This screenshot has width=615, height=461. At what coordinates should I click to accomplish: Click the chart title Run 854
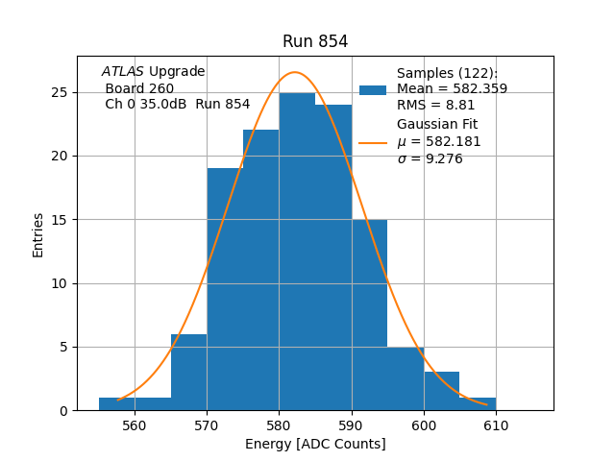click(315, 41)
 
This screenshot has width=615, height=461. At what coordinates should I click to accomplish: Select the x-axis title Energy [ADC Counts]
click(315, 444)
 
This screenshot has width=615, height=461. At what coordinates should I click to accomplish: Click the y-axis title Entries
click(38, 234)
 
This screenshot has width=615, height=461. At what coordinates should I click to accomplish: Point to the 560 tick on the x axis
click(135, 411)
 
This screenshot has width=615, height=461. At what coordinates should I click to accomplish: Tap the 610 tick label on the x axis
click(496, 425)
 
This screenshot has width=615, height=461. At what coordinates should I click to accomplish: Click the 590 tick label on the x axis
click(352, 425)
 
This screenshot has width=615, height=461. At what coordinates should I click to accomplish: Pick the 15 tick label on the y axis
click(61, 220)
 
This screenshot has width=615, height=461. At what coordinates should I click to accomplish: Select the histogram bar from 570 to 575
click(225, 289)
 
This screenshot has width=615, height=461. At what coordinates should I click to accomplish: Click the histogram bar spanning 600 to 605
click(441, 391)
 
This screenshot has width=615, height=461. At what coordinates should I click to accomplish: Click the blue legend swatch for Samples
click(373, 90)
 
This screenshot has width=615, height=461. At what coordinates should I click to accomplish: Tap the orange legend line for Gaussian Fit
click(373, 143)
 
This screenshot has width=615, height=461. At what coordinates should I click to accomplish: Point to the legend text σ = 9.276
click(430, 158)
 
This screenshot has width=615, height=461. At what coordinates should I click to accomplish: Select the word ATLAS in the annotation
click(122, 72)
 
